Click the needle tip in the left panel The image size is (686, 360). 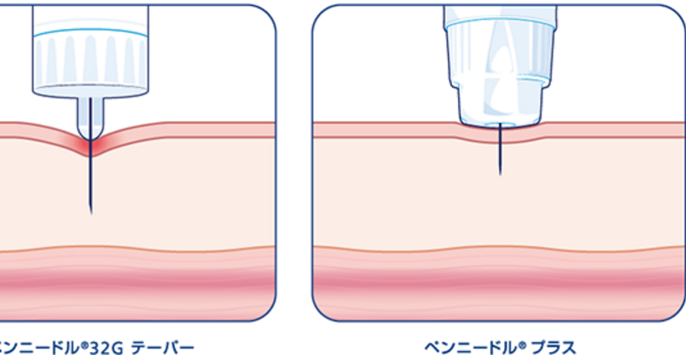click(x=91, y=212)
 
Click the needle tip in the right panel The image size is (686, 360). click(x=500, y=173)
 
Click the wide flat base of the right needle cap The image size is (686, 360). click(x=500, y=118)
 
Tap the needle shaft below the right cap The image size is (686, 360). click(x=500, y=151)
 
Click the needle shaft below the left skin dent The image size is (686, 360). click(x=91, y=183)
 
